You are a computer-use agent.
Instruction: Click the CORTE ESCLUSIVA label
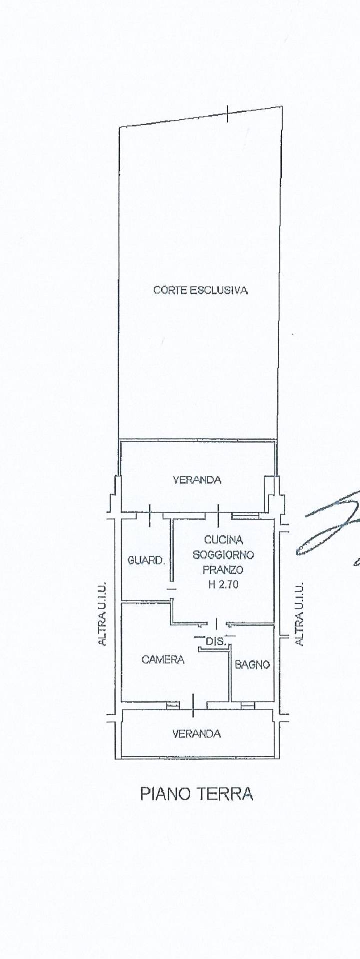(200, 290)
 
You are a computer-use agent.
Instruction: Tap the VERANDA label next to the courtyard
(197, 480)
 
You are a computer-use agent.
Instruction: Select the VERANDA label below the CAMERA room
(196, 734)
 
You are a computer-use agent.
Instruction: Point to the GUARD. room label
(146, 561)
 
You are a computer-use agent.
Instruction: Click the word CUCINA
(223, 540)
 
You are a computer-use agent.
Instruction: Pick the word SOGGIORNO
(223, 555)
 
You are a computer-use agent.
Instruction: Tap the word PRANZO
(223, 569)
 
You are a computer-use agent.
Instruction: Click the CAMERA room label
(163, 660)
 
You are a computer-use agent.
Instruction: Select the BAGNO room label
(252, 665)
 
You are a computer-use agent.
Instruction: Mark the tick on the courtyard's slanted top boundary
(228, 114)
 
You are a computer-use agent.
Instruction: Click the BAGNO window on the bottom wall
(247, 705)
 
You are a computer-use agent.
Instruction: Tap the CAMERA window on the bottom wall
(172, 705)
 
